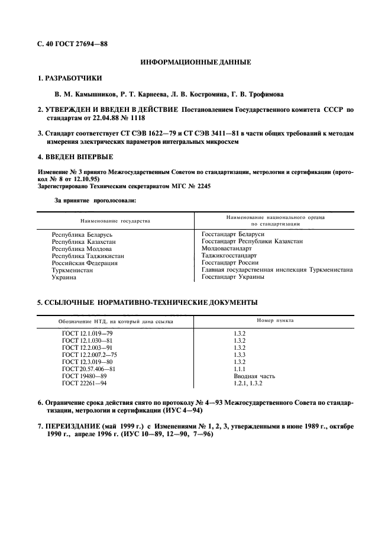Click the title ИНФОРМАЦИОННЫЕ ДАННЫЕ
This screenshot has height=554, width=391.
click(195, 62)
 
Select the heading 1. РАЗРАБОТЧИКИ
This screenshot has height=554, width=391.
click(69, 78)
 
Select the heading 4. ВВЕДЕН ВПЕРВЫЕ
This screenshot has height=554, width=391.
click(75, 157)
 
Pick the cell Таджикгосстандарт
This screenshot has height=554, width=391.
click(229, 256)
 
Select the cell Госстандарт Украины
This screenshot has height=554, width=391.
click(232, 277)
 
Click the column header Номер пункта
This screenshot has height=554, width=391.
click(275, 321)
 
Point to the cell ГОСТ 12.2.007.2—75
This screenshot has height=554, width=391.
click(89, 355)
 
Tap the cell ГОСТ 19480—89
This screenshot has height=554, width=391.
click(84, 376)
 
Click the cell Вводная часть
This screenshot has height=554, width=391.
click(254, 376)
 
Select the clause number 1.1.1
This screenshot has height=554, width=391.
click(240, 369)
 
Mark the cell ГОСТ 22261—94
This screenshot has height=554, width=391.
click(84, 383)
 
